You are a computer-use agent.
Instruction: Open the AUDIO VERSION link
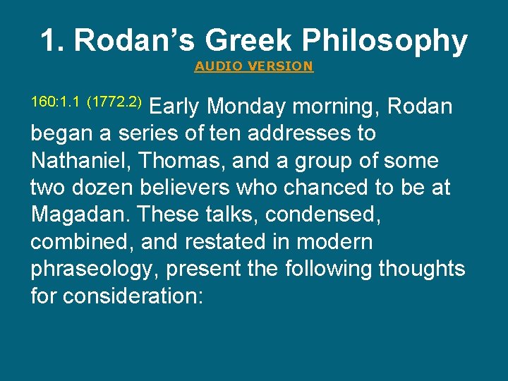coord(253,66)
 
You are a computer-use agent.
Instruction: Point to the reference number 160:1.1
coord(56,102)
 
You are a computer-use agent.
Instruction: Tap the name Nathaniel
coord(82,161)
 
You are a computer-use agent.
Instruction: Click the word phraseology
coord(91,270)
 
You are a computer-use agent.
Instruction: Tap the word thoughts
coord(422,269)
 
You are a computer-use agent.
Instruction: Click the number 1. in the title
coord(52,41)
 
